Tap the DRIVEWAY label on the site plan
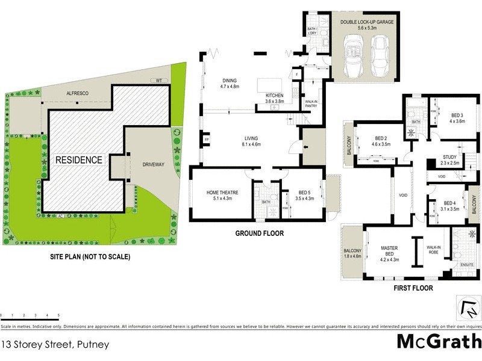click(x=152, y=163)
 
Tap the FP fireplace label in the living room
click(x=207, y=140)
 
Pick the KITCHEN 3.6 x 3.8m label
click(x=275, y=99)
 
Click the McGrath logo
click(x=439, y=341)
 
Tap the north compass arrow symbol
click(x=468, y=309)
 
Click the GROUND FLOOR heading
click(x=260, y=233)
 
